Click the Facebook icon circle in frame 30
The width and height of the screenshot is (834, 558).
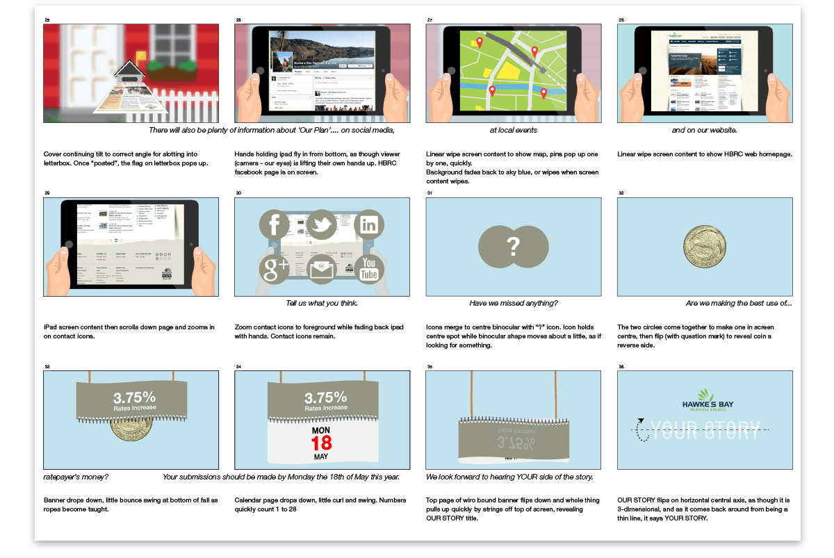click(x=275, y=225)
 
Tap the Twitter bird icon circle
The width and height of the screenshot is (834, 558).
click(x=322, y=225)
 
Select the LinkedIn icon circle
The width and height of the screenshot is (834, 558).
click(x=369, y=225)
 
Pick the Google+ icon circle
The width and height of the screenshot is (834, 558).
click(x=275, y=270)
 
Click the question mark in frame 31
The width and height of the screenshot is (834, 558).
click(x=513, y=246)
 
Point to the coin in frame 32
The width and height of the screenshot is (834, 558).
click(x=704, y=247)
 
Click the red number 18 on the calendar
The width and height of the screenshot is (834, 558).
click(x=321, y=443)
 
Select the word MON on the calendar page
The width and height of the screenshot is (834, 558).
click(x=321, y=429)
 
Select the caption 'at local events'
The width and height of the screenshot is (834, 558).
click(x=513, y=130)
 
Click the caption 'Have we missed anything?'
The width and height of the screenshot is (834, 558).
click(x=513, y=303)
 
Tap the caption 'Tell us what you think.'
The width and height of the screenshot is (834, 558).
click(x=322, y=303)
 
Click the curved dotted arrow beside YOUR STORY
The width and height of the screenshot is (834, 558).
click(x=643, y=430)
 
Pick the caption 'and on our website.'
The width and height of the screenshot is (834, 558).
click(x=704, y=130)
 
